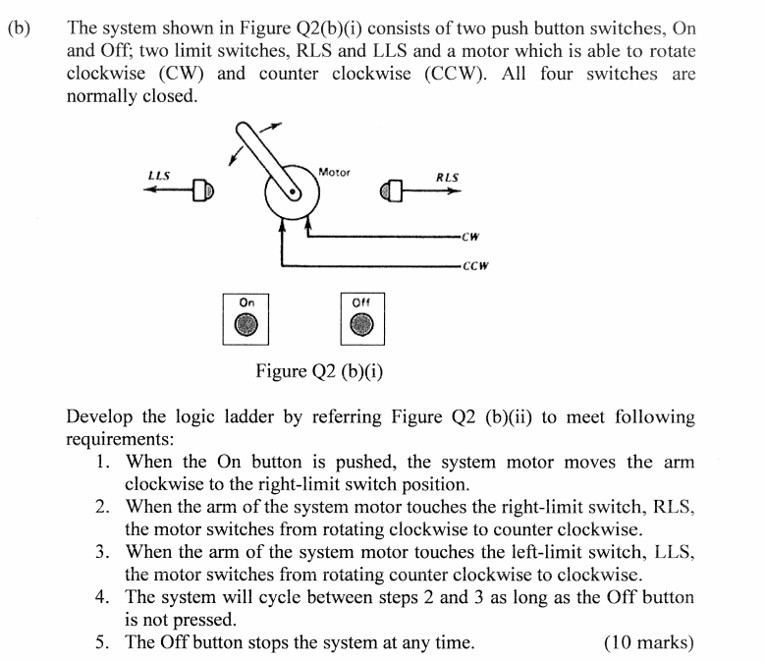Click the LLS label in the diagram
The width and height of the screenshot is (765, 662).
coord(158,176)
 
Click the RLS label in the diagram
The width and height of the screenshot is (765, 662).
coord(447,178)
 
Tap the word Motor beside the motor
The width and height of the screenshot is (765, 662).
coord(334,172)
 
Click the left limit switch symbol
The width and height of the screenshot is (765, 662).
coord(203,190)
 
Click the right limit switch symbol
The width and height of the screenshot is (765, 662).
coord(395,190)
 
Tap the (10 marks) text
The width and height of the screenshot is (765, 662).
coord(648,643)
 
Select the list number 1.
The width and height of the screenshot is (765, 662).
coord(103,462)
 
